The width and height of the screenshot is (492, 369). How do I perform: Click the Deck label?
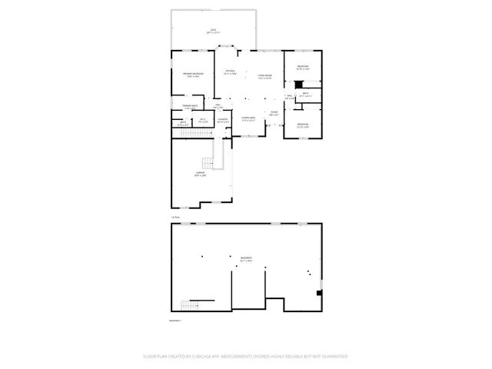[x=212, y=32]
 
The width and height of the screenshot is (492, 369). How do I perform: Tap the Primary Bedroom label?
[x=193, y=75]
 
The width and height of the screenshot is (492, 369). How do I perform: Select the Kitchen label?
[x=229, y=73]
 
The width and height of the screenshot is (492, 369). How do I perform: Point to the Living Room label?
[x=265, y=75]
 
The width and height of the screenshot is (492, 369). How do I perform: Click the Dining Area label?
[x=248, y=119]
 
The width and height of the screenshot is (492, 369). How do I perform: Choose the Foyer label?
[x=274, y=114]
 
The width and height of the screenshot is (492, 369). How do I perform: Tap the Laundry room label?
[x=223, y=120]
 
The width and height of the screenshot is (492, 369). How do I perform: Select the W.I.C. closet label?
[x=203, y=120]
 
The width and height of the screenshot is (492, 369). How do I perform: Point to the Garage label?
[x=200, y=175]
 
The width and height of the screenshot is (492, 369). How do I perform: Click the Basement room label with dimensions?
[x=246, y=259]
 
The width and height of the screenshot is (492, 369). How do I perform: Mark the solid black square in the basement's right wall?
[x=319, y=292]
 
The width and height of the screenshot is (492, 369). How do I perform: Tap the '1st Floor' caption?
[x=175, y=218]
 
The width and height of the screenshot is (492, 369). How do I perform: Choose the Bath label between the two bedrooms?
[x=305, y=95]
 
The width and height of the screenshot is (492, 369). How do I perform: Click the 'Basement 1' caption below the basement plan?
[x=175, y=321]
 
